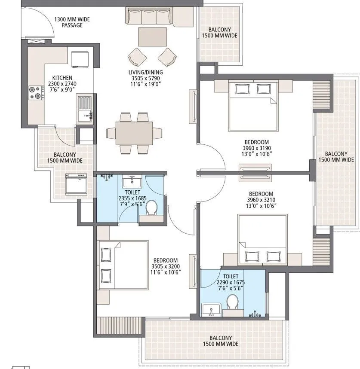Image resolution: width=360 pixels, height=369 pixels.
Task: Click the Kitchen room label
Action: pyautogui.click(x=56, y=78)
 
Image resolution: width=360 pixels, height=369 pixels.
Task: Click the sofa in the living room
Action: pyautogui.click(x=147, y=17)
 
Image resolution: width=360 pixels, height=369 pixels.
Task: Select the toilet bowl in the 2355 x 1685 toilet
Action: pyautogui.click(x=151, y=208)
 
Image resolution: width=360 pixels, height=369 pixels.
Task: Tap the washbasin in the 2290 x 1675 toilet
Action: pyautogui.click(x=211, y=308)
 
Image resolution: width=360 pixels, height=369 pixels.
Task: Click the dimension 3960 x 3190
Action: pyautogui.click(x=256, y=148)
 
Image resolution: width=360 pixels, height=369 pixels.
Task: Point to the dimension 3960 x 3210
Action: pyautogui.click(x=261, y=200)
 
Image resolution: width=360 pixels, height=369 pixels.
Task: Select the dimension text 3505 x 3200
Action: pyautogui.click(x=166, y=266)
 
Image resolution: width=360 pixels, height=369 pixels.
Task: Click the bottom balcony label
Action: pyautogui.click(x=221, y=341)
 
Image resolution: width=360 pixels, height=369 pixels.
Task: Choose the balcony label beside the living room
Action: pyautogui.click(x=219, y=33)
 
